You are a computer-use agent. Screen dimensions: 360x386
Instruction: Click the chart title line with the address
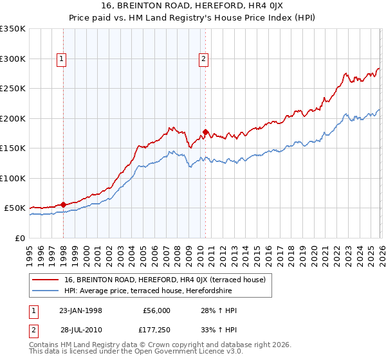193,6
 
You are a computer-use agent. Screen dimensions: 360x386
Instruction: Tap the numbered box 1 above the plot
62,59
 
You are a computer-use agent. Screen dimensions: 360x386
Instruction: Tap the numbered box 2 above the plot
203,59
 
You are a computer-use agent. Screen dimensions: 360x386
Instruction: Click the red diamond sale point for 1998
63,204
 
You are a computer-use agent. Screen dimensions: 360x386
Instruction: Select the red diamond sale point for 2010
205,132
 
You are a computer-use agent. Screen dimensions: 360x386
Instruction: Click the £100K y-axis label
13,179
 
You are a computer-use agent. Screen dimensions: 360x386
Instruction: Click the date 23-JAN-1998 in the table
80,310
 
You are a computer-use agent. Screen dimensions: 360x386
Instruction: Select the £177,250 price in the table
157,330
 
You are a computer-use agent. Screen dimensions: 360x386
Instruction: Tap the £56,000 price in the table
157,310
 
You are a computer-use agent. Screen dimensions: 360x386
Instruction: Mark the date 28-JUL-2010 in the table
80,330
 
